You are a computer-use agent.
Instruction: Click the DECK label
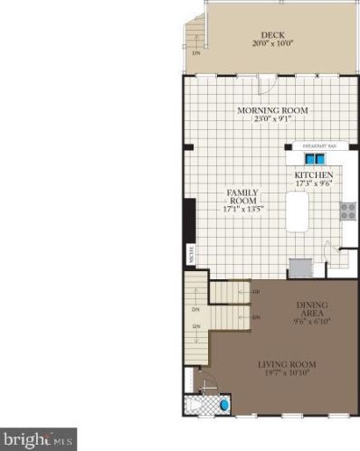click(x=271, y=33)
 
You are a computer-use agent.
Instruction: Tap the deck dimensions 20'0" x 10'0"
click(x=271, y=42)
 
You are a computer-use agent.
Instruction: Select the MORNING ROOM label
click(x=272, y=110)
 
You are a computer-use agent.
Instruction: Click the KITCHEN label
click(x=314, y=174)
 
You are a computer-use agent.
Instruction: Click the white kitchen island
click(x=299, y=216)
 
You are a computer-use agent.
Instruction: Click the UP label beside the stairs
click(x=257, y=291)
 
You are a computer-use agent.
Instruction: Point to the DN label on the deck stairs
click(x=196, y=52)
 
